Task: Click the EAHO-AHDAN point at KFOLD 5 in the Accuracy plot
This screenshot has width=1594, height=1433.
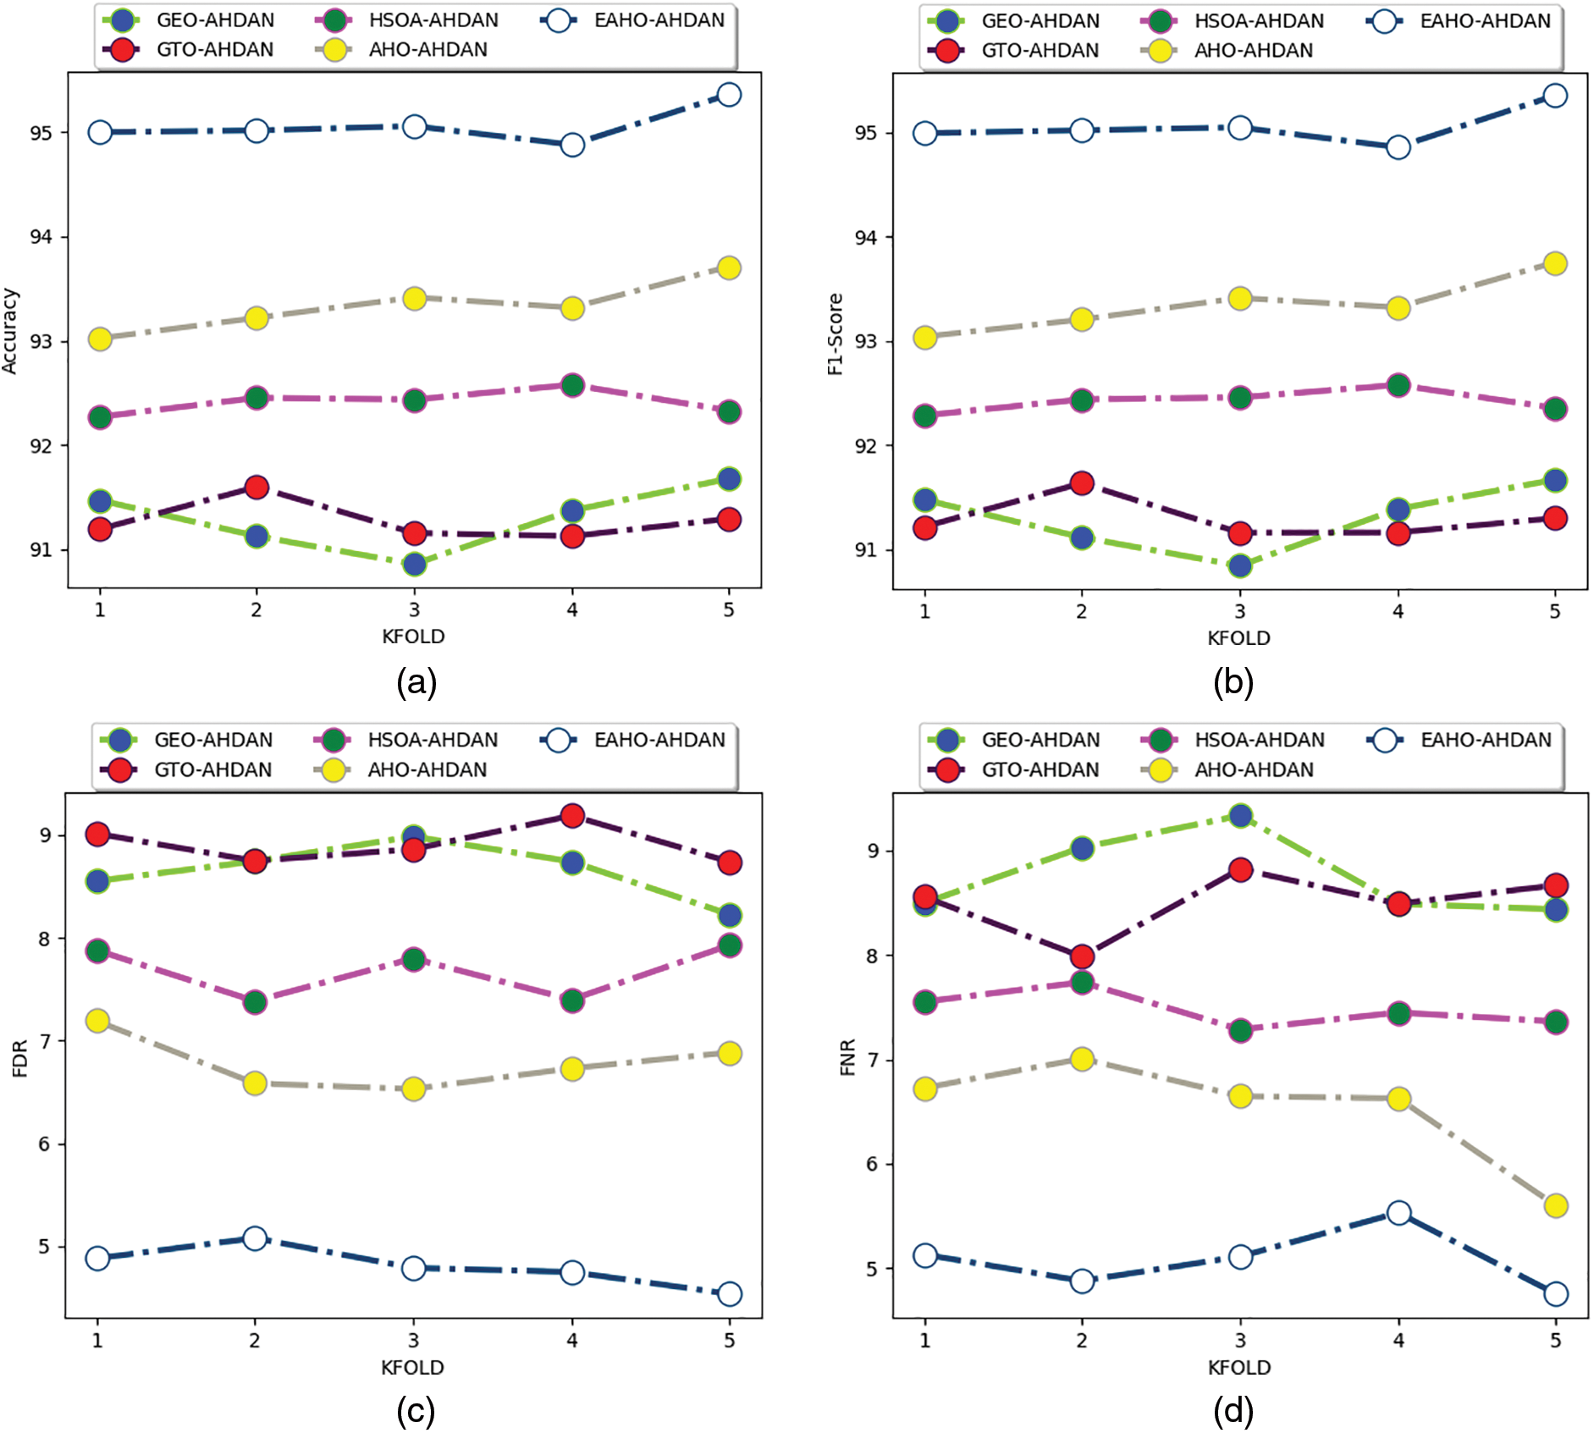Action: pyautogui.click(x=729, y=95)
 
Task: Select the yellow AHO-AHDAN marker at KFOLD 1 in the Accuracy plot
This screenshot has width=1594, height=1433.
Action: pyautogui.click(x=100, y=339)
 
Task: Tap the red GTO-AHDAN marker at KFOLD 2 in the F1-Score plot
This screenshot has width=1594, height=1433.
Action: pyautogui.click(x=1082, y=483)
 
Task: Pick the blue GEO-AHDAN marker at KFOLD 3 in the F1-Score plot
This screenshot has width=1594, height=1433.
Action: pyautogui.click(x=1240, y=565)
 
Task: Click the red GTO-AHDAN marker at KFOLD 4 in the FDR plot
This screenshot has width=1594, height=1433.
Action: pyautogui.click(x=572, y=816)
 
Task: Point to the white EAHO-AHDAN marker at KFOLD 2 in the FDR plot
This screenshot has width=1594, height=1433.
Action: pyautogui.click(x=255, y=1238)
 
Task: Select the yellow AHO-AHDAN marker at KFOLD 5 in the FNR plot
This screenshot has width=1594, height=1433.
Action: pyautogui.click(x=1556, y=1205)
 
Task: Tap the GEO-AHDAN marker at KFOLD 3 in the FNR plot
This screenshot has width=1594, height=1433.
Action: pyautogui.click(x=1240, y=816)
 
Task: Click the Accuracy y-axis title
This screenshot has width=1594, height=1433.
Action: pyautogui.click(x=10, y=331)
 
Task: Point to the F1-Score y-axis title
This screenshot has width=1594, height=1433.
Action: pyautogui.click(x=836, y=334)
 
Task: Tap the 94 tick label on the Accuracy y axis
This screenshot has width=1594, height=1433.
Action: pyautogui.click(x=41, y=237)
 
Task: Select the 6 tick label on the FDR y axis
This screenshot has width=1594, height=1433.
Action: pyautogui.click(x=43, y=1144)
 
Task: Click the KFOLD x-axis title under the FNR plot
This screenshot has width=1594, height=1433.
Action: pyautogui.click(x=1239, y=1368)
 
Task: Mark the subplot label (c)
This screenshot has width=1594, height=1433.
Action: pyautogui.click(x=416, y=1411)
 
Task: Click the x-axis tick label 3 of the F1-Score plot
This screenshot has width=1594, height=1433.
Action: pyautogui.click(x=1240, y=611)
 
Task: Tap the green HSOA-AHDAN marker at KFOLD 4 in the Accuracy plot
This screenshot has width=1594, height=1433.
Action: pyautogui.click(x=572, y=386)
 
